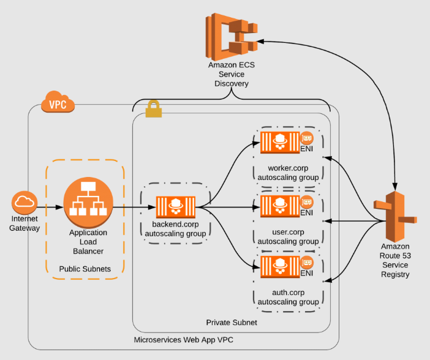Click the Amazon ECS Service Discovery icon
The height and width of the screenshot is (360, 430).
[232, 34]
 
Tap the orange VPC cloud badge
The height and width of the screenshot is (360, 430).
[58, 103]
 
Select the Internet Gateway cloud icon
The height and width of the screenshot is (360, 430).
[25, 203]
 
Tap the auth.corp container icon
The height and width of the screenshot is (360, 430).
[280, 266]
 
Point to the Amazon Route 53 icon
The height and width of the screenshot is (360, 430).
[395, 217]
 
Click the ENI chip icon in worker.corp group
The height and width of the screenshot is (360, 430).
[307, 138]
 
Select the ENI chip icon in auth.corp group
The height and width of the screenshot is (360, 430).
[307, 263]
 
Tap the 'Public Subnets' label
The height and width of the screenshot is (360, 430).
[85, 269]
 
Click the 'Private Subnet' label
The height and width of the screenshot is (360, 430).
[231, 322]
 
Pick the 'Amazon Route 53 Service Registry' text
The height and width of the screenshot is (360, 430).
[394, 260]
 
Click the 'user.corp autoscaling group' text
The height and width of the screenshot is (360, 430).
[287, 237]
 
